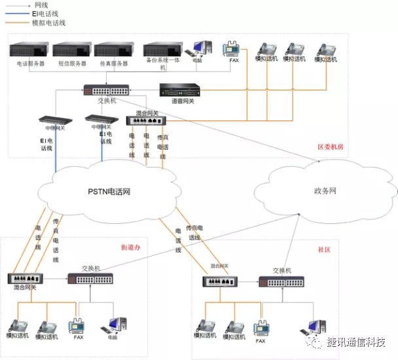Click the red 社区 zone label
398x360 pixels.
coord(324,249)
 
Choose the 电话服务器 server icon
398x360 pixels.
coord(29,50)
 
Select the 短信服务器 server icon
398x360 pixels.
coord(71,50)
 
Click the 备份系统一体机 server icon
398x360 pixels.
coord(163,50)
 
